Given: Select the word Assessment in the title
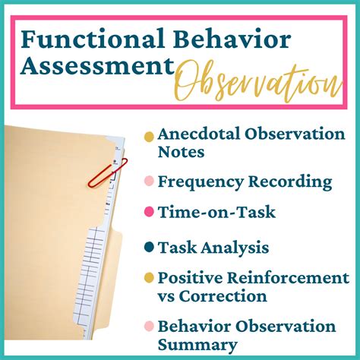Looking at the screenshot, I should (x=95, y=67).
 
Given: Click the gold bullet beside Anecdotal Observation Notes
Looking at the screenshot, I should (x=149, y=136).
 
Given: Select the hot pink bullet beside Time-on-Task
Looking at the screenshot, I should (x=149, y=214).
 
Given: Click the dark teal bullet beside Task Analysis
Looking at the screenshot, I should (x=149, y=247).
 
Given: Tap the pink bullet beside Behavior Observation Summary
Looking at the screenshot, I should (x=149, y=327).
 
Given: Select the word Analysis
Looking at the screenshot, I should (x=234, y=247).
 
